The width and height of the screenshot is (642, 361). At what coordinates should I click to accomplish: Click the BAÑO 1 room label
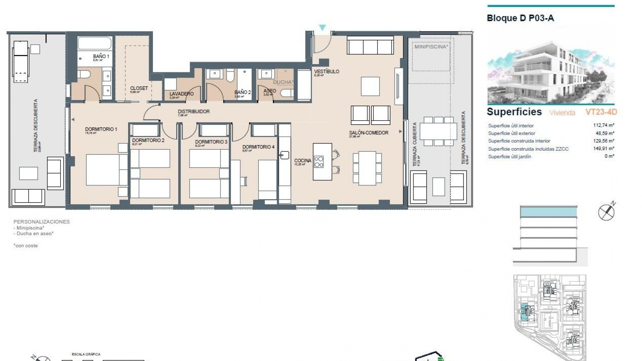click(101, 56)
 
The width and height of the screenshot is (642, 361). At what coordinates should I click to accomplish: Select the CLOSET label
click(139, 88)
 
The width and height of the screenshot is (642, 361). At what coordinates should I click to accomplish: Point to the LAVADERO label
click(181, 94)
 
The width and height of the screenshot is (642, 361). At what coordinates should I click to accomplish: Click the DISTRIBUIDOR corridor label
click(194, 112)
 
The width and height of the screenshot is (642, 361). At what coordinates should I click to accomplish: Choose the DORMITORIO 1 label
click(101, 129)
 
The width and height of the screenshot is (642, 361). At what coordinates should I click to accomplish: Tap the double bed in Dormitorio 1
click(106, 169)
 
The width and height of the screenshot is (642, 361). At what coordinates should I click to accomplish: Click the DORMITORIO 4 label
click(258, 147)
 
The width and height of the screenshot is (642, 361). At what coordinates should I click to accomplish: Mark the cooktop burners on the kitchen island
click(319, 162)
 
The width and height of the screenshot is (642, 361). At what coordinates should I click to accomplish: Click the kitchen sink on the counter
click(285, 155)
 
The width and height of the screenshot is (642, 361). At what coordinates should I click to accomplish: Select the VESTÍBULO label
click(326, 72)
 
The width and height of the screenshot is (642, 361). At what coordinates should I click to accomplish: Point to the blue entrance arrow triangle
click(322, 27)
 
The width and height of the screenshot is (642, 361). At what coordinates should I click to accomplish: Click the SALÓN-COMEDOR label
click(368, 133)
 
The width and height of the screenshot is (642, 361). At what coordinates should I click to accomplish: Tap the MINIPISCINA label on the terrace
click(431, 47)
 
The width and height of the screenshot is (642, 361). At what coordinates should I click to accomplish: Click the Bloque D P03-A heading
click(520, 18)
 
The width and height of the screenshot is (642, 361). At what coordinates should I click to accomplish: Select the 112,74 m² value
click(604, 125)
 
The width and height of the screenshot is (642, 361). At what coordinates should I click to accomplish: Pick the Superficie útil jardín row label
click(509, 156)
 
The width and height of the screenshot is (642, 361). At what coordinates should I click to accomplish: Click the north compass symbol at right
click(606, 212)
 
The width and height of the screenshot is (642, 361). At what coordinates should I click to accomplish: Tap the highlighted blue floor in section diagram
click(548, 212)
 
